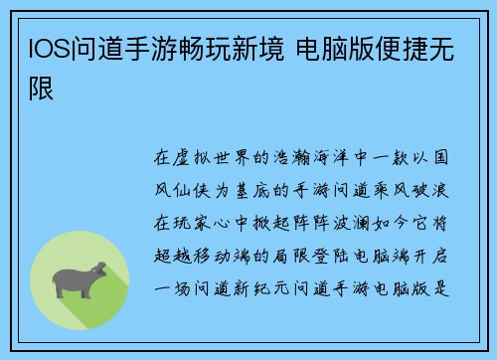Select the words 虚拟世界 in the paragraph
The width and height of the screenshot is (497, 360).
(x=217, y=157)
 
